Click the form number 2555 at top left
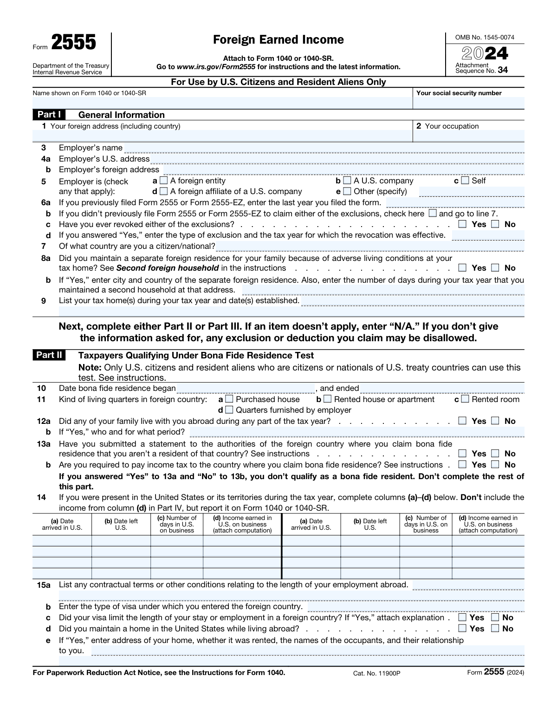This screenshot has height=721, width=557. [x=73, y=43]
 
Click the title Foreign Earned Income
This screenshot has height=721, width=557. [x=278, y=40]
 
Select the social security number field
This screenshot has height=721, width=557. [x=468, y=103]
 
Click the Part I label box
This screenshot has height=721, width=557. [x=49, y=115]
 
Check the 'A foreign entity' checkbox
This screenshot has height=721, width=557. [x=163, y=181]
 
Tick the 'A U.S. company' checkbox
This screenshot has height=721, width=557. [x=347, y=181]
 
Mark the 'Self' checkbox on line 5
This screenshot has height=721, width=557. [x=465, y=181]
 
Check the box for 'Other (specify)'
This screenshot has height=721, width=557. [x=347, y=191]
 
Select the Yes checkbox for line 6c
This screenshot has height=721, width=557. [x=462, y=224]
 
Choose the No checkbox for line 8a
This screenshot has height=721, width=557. [x=495, y=268]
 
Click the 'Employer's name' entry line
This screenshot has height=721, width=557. [x=324, y=148]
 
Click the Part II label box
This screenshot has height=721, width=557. [x=49, y=355]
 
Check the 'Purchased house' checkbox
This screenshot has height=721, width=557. [x=229, y=399]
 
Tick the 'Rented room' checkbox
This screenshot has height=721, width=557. [x=465, y=399]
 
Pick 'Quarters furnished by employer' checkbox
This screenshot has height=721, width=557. [x=229, y=410]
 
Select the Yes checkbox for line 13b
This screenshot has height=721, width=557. [x=462, y=465]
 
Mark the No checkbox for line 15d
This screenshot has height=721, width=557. [x=495, y=629]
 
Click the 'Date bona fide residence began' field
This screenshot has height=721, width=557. [x=246, y=389]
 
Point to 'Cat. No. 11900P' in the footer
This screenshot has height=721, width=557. [x=376, y=673]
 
